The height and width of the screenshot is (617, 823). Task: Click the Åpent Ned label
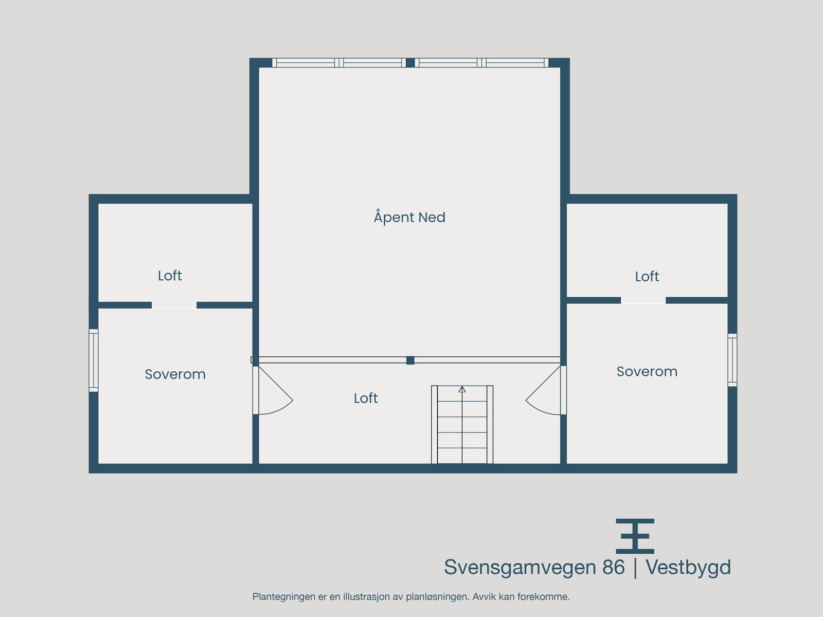click(x=409, y=217)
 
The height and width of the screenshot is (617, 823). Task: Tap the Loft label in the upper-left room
click(x=170, y=276)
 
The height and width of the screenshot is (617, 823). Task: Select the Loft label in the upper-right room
click(x=647, y=277)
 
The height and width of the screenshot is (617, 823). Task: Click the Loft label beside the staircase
click(x=366, y=398)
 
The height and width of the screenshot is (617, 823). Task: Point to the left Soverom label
click(x=175, y=374)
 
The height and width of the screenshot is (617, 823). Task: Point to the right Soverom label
click(x=647, y=372)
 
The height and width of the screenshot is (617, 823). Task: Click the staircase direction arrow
click(x=462, y=390)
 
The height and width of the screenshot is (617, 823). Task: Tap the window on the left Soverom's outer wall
click(x=93, y=360)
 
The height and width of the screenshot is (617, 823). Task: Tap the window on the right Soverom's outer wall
click(x=732, y=360)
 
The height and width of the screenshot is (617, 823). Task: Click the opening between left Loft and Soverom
click(x=174, y=305)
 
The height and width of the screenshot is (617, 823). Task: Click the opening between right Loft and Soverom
click(x=643, y=300)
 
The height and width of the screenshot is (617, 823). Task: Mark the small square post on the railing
click(x=410, y=360)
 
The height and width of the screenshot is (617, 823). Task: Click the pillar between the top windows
click(x=410, y=63)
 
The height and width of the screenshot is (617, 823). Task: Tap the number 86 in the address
click(x=613, y=568)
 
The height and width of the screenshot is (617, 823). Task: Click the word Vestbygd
click(x=688, y=568)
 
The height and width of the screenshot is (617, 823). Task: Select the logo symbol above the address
click(x=635, y=536)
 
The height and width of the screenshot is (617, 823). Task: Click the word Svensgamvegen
click(x=520, y=568)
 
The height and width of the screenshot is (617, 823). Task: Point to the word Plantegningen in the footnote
click(x=283, y=597)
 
